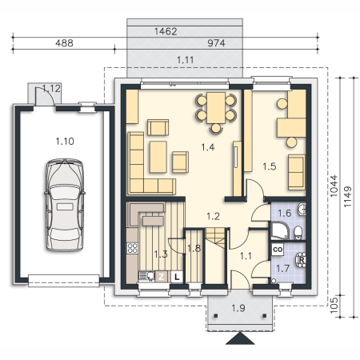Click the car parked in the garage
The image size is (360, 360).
(x=65, y=205)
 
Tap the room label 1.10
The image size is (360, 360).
(x=65, y=141)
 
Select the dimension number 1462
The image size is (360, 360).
(x=166, y=31)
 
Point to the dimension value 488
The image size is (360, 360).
(x=64, y=43)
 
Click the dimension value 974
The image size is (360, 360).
(x=216, y=43)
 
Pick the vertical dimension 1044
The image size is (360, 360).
(x=334, y=186)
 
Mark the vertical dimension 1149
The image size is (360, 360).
(x=347, y=197)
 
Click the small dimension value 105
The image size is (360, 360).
(x=334, y=305)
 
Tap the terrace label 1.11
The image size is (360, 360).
(x=186, y=60)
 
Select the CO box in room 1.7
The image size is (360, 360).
(x=278, y=250)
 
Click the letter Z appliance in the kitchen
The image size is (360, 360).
(x=161, y=277)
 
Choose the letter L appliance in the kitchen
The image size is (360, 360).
(x=177, y=277)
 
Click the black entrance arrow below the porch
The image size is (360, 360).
(x=240, y=338)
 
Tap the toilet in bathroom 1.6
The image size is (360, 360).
(x=298, y=233)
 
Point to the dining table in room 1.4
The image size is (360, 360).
(x=216, y=108)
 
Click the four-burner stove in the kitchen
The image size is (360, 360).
(x=133, y=248)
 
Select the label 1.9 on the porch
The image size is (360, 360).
(x=238, y=308)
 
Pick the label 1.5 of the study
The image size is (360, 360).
(x=270, y=166)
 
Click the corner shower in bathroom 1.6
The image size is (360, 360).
(x=280, y=230)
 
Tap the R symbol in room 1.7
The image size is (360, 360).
(x=302, y=259)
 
